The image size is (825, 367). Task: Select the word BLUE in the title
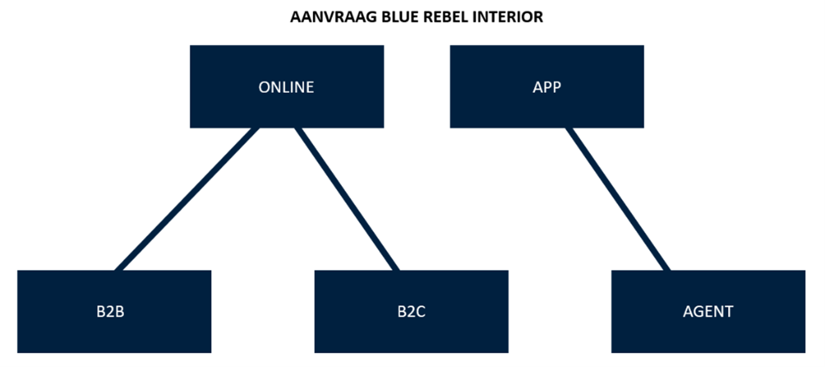[400, 17]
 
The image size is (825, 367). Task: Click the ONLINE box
[287, 87]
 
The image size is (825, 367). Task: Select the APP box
[547, 87]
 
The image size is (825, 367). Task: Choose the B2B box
[114, 312]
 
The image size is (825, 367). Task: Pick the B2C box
[412, 312]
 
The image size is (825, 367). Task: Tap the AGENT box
[708, 312]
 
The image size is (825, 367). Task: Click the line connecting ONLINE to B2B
[187, 199]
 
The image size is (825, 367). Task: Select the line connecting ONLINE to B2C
[347, 199]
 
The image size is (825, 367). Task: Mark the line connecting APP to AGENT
[618, 199]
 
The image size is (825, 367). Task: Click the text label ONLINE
[286, 87]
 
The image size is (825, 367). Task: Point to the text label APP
[547, 87]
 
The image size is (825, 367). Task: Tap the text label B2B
[110, 312]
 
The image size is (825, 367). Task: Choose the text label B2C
[412, 312]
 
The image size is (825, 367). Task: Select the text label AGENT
[708, 312]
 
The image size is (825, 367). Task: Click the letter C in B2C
[421, 312]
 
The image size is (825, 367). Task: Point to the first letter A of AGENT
[689, 312]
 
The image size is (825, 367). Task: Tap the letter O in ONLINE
[265, 87]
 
